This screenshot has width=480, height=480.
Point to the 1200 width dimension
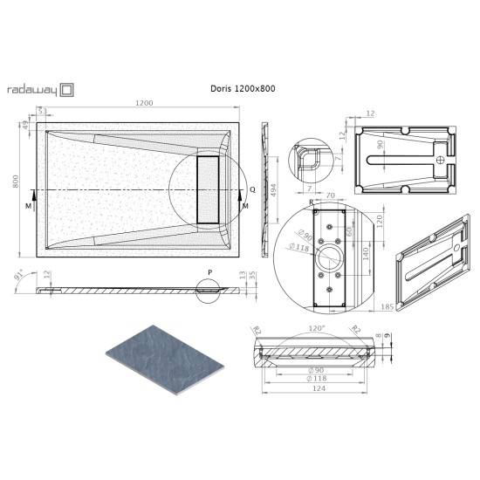pos(144,104)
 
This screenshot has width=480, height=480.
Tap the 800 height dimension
pos(14,182)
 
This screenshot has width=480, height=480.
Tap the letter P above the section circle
pos(209,271)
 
